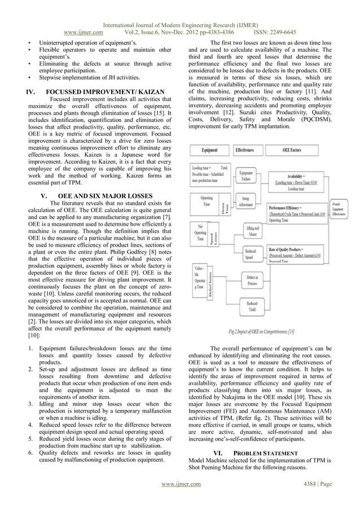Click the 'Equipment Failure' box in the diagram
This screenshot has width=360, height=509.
[246, 174]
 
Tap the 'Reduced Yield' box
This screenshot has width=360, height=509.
[252, 308]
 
